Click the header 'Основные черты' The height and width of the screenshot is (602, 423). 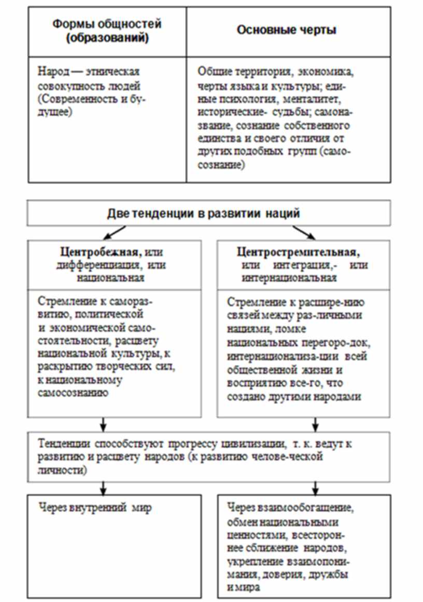(x=286, y=30)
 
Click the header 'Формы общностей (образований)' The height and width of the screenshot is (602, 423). (x=107, y=31)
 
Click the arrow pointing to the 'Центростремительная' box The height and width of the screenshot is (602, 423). (x=307, y=233)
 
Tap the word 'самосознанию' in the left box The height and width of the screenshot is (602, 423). (x=73, y=393)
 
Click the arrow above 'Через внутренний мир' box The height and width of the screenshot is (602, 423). (x=103, y=488)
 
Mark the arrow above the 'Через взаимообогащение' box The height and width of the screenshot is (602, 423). (x=314, y=488)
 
